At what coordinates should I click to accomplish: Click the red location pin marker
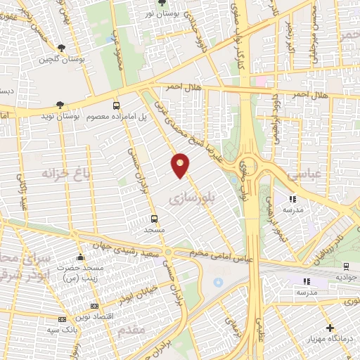(181, 165)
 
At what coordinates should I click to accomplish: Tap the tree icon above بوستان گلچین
(61, 47)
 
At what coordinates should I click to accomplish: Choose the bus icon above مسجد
(154, 219)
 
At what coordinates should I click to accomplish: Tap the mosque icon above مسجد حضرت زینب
(81, 257)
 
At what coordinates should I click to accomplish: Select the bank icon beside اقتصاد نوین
(95, 307)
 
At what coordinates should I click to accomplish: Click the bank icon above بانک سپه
(60, 319)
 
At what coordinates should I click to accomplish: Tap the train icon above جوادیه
(346, 266)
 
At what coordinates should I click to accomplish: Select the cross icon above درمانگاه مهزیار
(330, 328)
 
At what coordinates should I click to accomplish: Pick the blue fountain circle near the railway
(217, 283)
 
